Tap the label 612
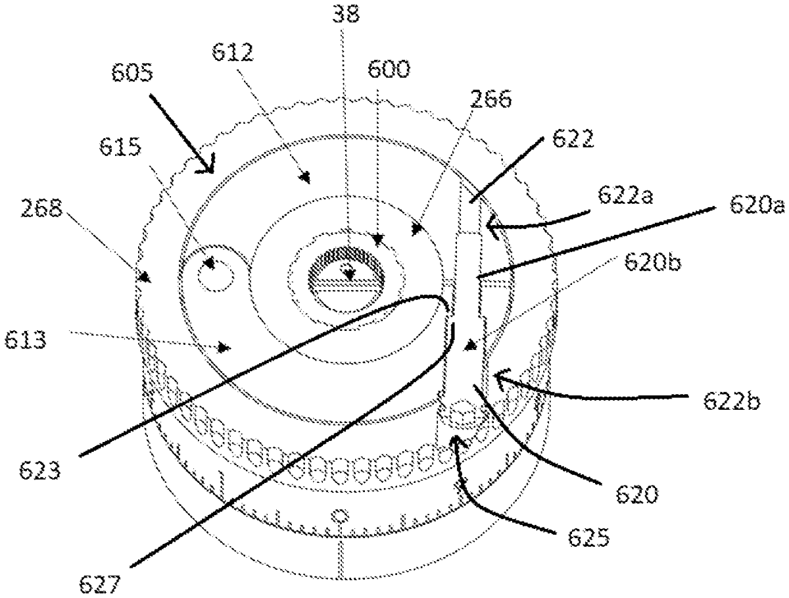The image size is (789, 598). [x=233, y=53]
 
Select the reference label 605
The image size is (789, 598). [x=132, y=72]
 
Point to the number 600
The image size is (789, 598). [x=389, y=69]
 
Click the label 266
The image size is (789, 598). [x=491, y=99]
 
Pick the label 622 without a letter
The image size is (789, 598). [x=573, y=138]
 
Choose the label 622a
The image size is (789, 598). [x=625, y=195]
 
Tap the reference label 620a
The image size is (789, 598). [x=757, y=206]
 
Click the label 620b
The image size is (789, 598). [x=652, y=262]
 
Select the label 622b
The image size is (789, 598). [x=732, y=401]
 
